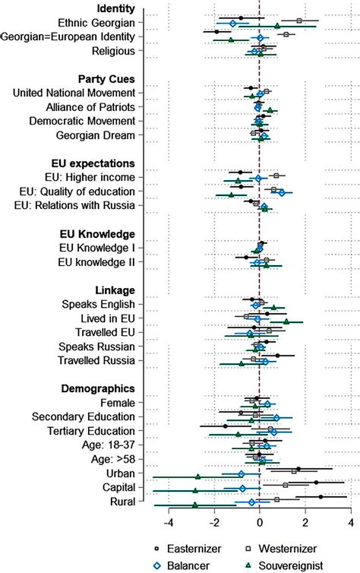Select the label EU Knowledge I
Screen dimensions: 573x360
tap(97, 248)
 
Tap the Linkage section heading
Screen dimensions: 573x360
tap(115, 290)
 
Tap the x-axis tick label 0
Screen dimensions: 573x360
tap(260, 523)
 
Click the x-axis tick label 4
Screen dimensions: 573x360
tap(351, 523)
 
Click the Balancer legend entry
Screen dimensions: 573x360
tap(181, 565)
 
